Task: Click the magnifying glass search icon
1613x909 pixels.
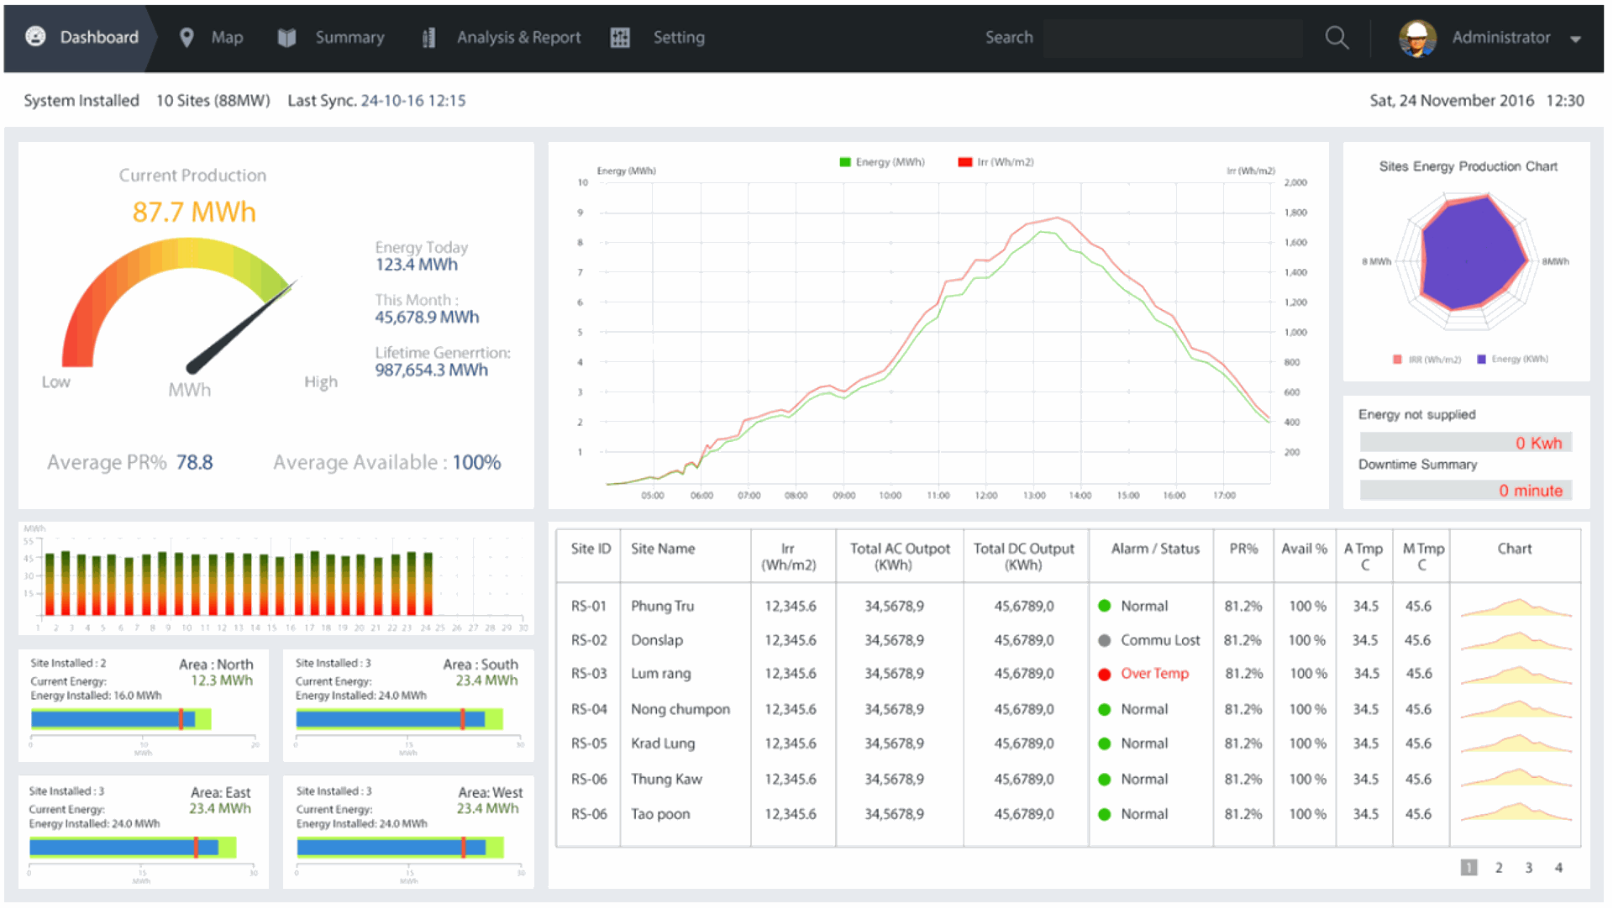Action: pyautogui.click(x=1336, y=38)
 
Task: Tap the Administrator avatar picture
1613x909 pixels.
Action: pyautogui.click(x=1416, y=38)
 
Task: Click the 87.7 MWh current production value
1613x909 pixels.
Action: pyautogui.click(x=194, y=212)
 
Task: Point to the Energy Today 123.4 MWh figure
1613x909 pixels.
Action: pyautogui.click(x=416, y=265)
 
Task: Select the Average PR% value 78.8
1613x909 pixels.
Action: pyautogui.click(x=194, y=462)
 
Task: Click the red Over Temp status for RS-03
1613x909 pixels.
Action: pyautogui.click(x=1153, y=674)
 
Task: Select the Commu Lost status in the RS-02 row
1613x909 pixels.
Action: pyautogui.click(x=1159, y=640)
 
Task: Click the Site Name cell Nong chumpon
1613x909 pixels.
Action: pyautogui.click(x=680, y=709)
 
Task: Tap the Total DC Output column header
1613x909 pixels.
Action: pyautogui.click(x=1023, y=556)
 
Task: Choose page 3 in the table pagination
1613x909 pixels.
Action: pyautogui.click(x=1528, y=868)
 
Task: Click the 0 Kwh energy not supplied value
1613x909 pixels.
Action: pyautogui.click(x=1537, y=443)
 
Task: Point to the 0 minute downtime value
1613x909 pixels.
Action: pyautogui.click(x=1530, y=491)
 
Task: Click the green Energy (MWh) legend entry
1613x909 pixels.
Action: pyautogui.click(x=882, y=162)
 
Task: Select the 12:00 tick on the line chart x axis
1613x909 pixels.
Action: pyautogui.click(x=985, y=496)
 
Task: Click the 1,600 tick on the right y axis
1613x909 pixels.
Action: pyautogui.click(x=1295, y=243)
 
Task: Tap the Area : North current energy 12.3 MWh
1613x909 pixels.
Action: pyautogui.click(x=221, y=680)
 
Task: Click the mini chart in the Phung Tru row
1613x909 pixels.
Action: pyautogui.click(x=1515, y=607)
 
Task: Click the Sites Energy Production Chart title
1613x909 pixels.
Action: pyautogui.click(x=1467, y=166)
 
